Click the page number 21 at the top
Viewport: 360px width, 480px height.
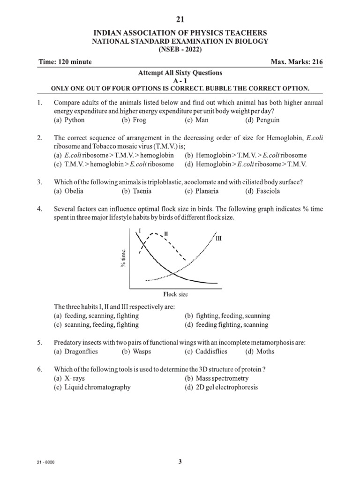click(x=180, y=19)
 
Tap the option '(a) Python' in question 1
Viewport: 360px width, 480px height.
click(x=69, y=120)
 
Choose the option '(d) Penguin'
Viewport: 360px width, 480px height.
click(x=262, y=120)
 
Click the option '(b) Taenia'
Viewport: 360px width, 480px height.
click(x=137, y=191)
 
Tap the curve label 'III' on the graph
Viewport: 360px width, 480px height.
click(x=218, y=239)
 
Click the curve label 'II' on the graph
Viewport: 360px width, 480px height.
click(x=166, y=233)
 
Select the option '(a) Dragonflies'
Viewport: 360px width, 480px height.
click(x=77, y=352)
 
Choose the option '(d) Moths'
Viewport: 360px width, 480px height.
click(x=260, y=352)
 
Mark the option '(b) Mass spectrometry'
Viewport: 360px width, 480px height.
click(x=217, y=378)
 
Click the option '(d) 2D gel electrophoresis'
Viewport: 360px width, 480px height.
click(x=221, y=388)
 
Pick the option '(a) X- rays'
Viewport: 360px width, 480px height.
click(x=70, y=378)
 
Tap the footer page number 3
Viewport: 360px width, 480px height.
click(x=180, y=462)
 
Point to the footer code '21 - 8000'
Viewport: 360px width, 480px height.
click(x=46, y=462)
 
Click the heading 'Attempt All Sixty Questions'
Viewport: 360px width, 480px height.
click(x=180, y=73)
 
